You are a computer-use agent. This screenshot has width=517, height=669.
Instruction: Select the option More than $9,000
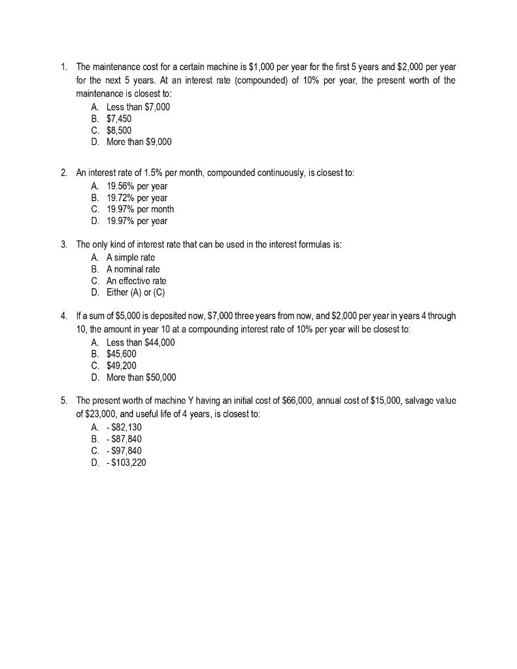[x=139, y=142]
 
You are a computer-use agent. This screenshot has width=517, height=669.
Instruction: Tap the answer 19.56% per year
[x=137, y=186]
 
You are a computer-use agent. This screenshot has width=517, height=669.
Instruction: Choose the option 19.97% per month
[x=140, y=209]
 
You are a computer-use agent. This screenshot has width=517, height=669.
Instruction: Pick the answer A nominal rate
[x=133, y=269]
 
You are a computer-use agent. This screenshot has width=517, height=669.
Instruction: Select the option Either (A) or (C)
[x=135, y=292]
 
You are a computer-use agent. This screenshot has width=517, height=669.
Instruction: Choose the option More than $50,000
[x=141, y=377]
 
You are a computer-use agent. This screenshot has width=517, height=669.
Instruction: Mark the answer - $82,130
[x=124, y=427]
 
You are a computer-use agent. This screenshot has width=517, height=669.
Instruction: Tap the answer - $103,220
[x=126, y=463]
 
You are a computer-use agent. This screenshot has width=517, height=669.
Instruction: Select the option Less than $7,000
[x=138, y=107]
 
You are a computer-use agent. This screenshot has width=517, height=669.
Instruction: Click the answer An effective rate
[x=136, y=281]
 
